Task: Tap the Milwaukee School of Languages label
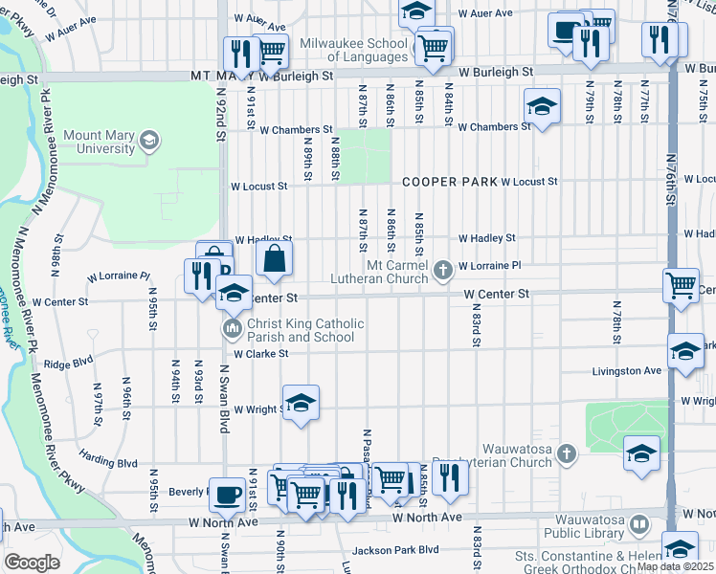354,51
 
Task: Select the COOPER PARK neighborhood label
449,181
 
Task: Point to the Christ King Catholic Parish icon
232,330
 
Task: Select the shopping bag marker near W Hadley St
274,257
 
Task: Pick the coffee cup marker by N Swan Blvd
227,494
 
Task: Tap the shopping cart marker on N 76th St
681,284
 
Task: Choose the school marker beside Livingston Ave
685,351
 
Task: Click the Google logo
32,563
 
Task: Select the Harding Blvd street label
108,461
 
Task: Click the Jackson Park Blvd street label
394,550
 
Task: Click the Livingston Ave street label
626,370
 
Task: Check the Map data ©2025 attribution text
676,566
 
